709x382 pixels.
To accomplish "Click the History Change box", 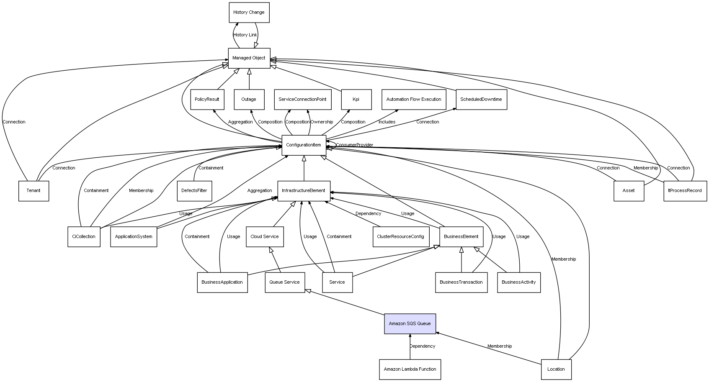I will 249,13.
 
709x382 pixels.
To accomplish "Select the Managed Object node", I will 249,58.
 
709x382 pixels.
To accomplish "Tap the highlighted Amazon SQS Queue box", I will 410,324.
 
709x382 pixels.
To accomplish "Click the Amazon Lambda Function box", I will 410,369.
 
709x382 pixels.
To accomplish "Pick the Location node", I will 556,369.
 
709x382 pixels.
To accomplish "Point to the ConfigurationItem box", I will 304,145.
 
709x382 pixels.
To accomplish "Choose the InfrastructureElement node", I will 304,191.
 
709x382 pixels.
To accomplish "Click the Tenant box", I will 34,191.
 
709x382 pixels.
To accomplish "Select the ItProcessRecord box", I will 685,191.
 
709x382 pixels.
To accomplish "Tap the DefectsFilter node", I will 194,191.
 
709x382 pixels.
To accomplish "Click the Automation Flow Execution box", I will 414,100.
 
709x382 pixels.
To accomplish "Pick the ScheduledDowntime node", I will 481,100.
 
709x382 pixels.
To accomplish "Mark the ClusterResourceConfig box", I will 400,237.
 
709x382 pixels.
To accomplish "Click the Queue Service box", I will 285,282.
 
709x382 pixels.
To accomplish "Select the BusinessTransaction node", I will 461,282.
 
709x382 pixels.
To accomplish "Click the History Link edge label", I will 245,35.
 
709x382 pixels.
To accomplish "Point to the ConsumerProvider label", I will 354,145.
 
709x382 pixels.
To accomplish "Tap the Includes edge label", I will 387,122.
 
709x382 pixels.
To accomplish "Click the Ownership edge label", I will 322,122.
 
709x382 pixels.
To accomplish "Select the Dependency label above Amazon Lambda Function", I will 422,346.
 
